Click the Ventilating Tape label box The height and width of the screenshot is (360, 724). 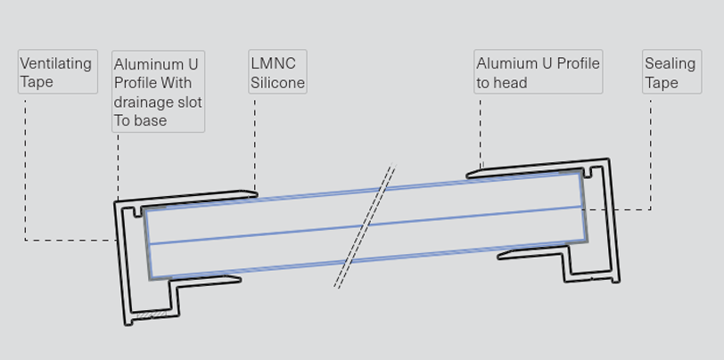(57, 72)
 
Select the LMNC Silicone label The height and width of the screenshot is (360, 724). (277, 73)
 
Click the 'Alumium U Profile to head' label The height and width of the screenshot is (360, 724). (538, 73)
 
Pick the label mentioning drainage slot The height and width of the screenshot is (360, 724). (158, 92)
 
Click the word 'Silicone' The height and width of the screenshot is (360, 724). (277, 83)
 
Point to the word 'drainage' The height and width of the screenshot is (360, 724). (143, 102)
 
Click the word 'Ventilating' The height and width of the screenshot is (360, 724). (55, 63)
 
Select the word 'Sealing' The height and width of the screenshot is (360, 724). (670, 63)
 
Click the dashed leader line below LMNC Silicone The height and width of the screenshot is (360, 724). (255, 143)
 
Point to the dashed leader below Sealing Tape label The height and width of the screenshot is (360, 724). (650, 151)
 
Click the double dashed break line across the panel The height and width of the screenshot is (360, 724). (364, 226)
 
